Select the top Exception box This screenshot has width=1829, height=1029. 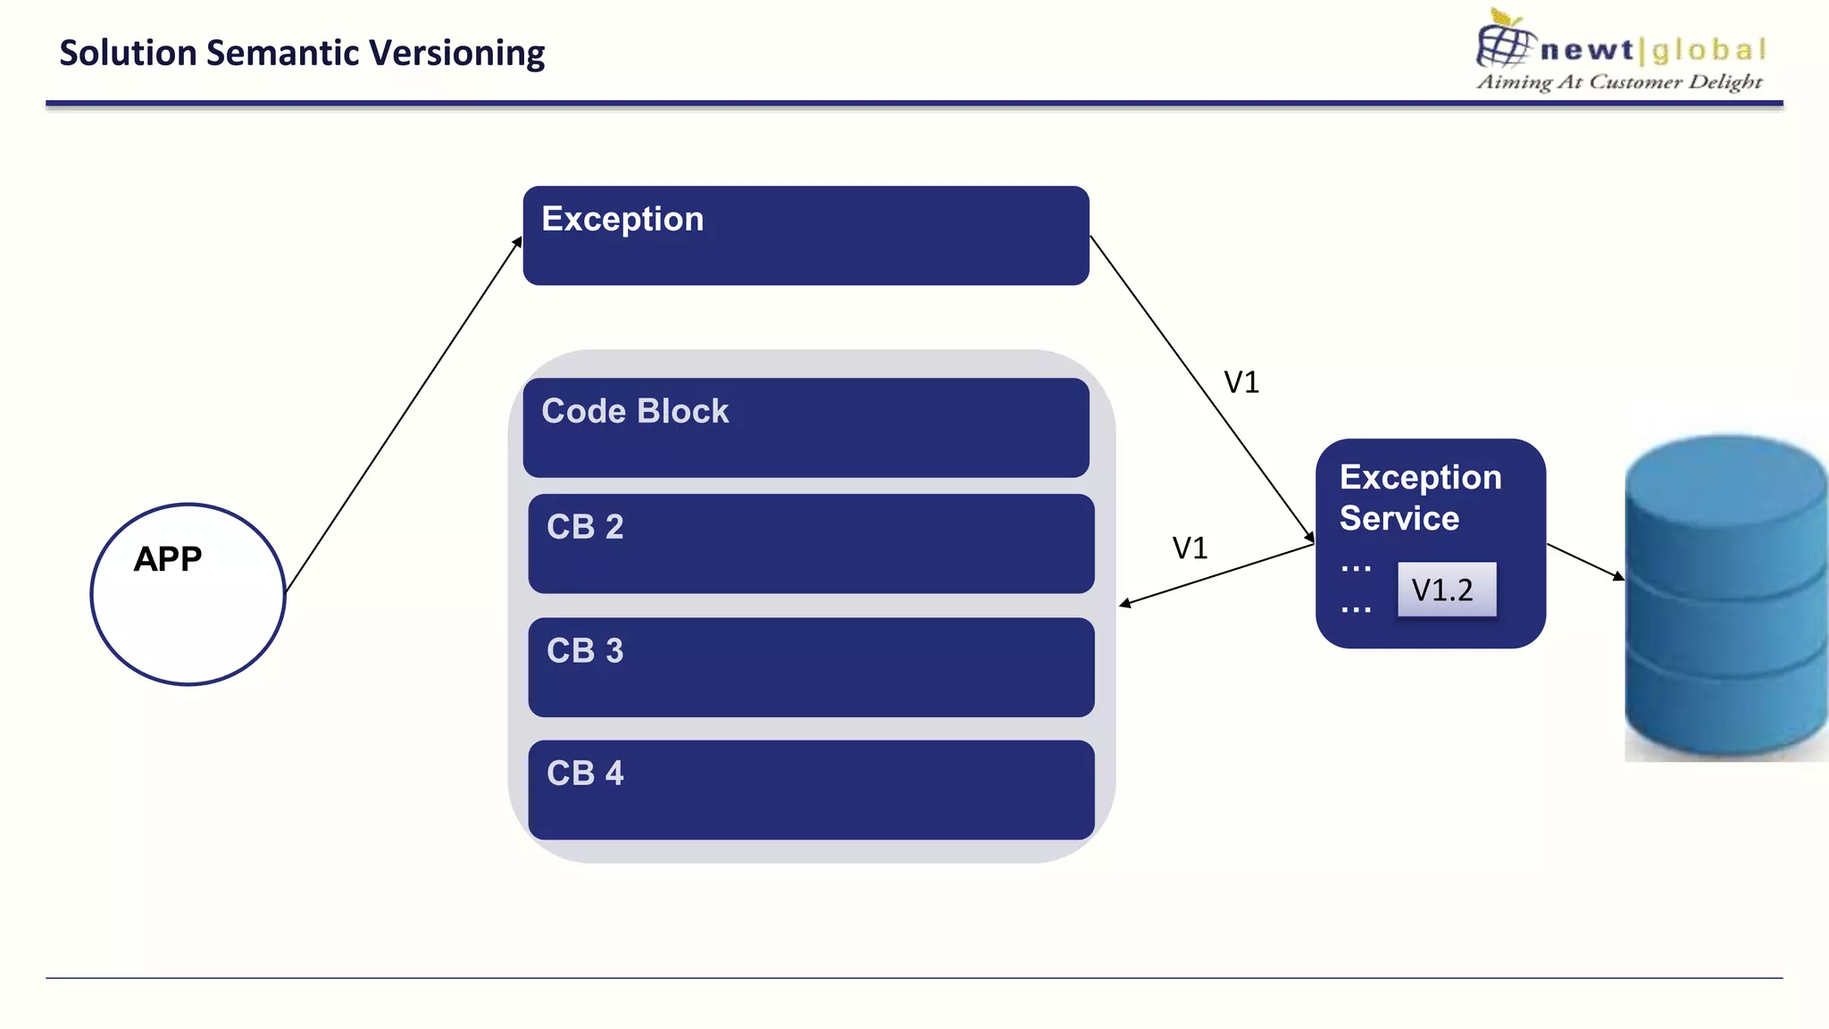point(806,236)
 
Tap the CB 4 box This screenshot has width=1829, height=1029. point(811,790)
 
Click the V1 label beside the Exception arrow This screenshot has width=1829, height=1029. point(1241,382)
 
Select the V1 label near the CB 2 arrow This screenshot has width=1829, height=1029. point(1190,548)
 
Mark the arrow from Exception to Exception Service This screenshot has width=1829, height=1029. point(1201,389)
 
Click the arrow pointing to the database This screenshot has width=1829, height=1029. point(1585,561)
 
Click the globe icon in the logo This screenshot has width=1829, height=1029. point(1504,41)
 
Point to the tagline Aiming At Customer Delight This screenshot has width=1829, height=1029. point(1619,82)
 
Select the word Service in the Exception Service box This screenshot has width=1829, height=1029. point(1399,518)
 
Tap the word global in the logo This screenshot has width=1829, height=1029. point(1708,50)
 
